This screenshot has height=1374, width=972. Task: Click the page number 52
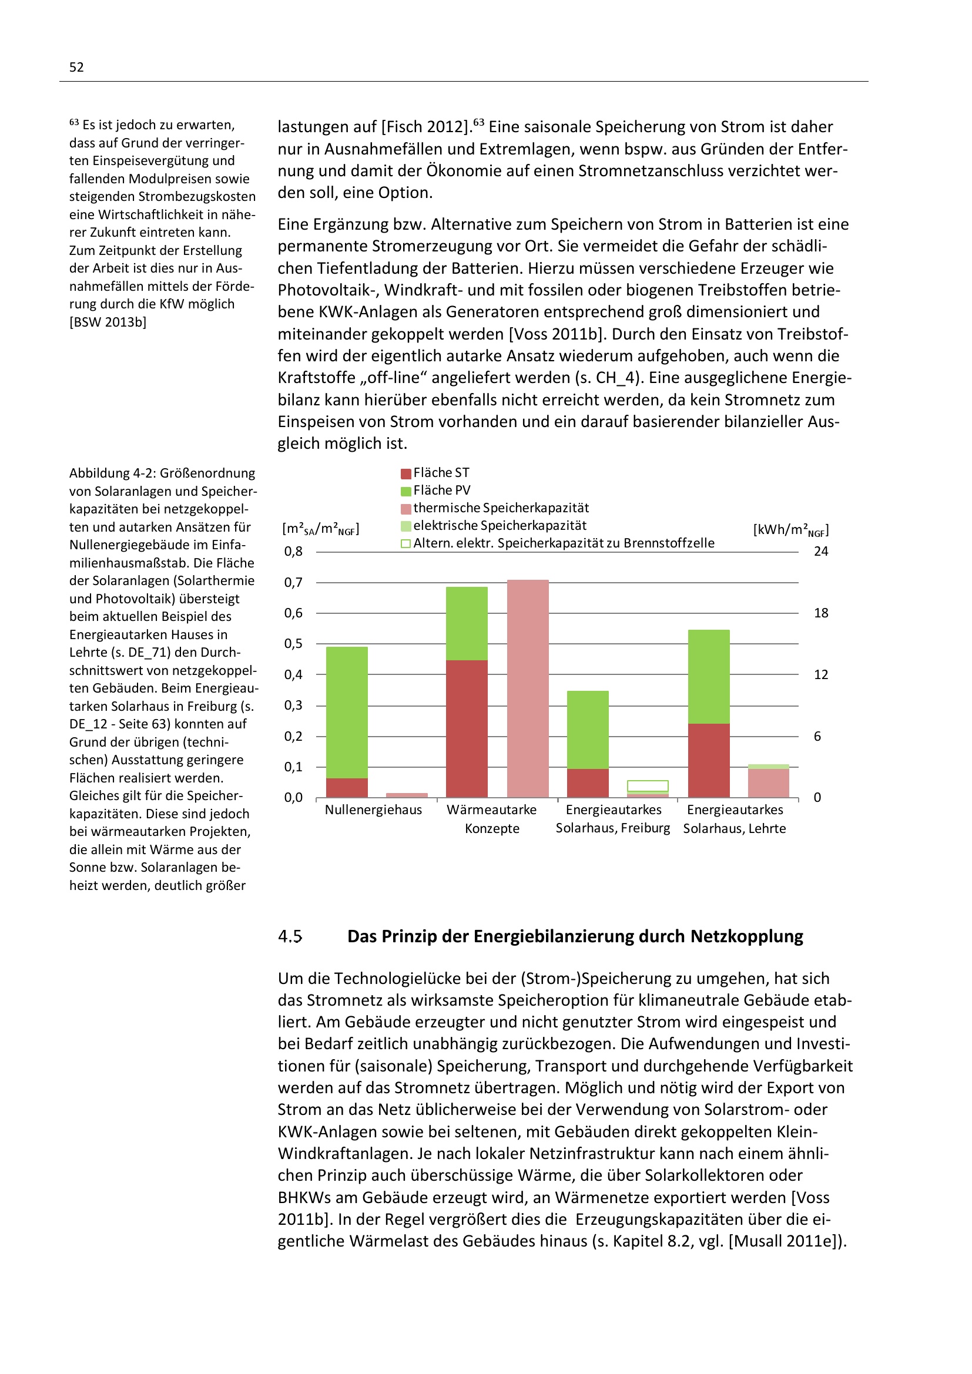(x=76, y=67)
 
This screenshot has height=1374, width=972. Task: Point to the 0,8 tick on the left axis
(x=293, y=552)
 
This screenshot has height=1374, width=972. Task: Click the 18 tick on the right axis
(x=820, y=613)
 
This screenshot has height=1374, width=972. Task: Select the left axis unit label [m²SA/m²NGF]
(x=321, y=529)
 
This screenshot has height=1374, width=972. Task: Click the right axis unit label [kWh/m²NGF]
(x=790, y=530)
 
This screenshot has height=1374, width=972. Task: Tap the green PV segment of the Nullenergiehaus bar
(x=347, y=712)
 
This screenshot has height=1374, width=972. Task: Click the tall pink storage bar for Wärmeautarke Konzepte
(x=527, y=688)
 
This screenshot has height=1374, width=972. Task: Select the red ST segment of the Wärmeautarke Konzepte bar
(x=467, y=729)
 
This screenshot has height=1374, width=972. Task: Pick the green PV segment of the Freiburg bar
(x=588, y=730)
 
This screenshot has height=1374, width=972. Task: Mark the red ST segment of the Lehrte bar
(x=709, y=760)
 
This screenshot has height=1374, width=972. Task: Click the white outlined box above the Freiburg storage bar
(x=648, y=785)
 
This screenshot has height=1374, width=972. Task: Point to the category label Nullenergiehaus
(x=374, y=810)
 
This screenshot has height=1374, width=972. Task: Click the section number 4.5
(x=290, y=936)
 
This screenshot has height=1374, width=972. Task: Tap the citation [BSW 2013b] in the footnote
(x=108, y=322)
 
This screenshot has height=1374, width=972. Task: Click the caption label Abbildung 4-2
(x=112, y=473)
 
